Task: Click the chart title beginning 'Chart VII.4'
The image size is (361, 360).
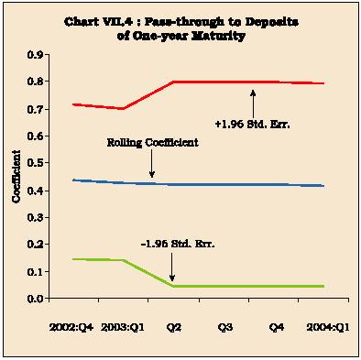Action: [181, 28]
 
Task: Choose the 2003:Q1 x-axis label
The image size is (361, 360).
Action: [123, 328]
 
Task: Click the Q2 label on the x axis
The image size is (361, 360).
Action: [174, 328]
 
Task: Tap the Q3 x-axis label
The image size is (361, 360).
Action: [225, 328]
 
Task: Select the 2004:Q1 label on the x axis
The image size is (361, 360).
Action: [328, 328]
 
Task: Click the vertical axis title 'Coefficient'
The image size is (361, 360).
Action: [16, 176]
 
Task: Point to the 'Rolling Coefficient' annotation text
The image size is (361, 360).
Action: [152, 143]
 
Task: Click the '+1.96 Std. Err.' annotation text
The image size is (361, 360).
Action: [252, 125]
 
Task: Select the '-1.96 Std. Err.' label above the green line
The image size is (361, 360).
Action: [178, 245]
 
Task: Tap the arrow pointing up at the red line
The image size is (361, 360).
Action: [253, 104]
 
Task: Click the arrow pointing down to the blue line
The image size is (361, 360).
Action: [152, 163]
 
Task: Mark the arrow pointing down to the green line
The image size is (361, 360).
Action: [172, 267]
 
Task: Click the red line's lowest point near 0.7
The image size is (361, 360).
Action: [123, 108]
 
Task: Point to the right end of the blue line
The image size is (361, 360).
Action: [323, 186]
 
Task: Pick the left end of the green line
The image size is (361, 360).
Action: [72, 259]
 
